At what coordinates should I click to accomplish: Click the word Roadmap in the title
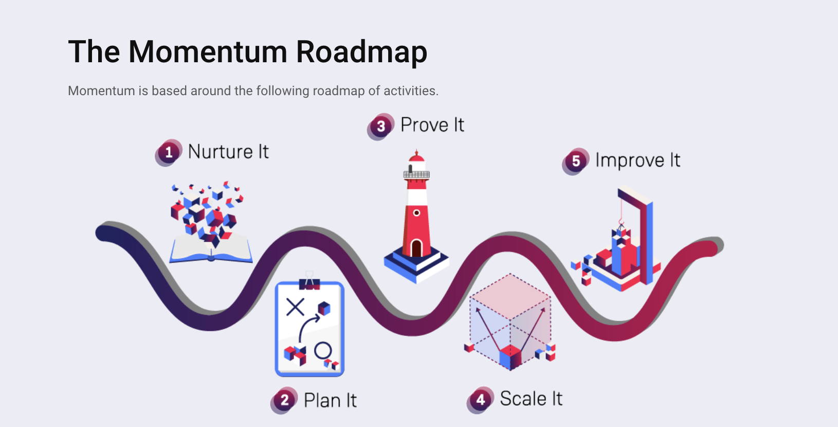[x=361, y=52]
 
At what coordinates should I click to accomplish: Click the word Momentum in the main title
[x=208, y=52]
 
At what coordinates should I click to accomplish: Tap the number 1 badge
[x=168, y=152]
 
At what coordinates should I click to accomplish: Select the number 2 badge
[x=284, y=400]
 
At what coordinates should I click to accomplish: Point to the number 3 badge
[x=381, y=126]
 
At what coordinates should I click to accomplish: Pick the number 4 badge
[x=480, y=400]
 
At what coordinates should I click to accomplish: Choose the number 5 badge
[x=576, y=161]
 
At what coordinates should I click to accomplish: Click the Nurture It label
[x=228, y=152]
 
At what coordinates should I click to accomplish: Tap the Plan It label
[x=330, y=400]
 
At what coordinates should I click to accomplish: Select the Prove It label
[x=432, y=125]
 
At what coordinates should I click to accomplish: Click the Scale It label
[x=531, y=399]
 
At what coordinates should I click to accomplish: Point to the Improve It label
[x=637, y=161]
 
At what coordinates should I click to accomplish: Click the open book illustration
[x=211, y=249]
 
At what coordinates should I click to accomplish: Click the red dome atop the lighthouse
[x=416, y=156]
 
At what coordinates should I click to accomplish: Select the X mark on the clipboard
[x=295, y=307]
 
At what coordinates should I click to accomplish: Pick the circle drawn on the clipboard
[x=323, y=350]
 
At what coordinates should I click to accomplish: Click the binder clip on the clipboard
[x=309, y=282]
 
